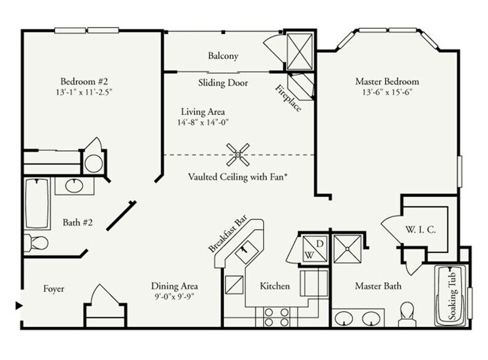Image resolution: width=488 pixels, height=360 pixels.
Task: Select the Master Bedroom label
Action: tap(387, 81)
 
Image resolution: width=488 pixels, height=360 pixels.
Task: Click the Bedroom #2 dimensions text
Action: tap(84, 92)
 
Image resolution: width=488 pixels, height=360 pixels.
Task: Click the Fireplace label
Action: tap(287, 96)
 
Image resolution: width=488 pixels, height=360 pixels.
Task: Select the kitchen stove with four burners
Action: tap(276, 317)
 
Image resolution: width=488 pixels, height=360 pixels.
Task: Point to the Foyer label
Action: tap(53, 288)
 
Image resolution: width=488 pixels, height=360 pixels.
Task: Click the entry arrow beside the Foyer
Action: tap(19, 305)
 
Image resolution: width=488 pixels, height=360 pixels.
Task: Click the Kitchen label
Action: tap(274, 286)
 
